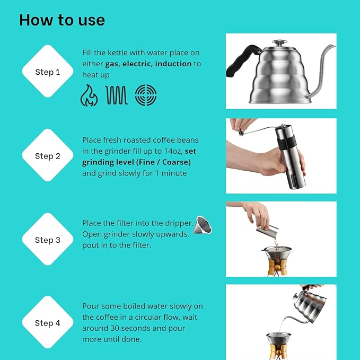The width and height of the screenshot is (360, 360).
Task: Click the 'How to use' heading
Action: (x=62, y=20)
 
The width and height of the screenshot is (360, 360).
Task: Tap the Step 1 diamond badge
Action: (x=48, y=72)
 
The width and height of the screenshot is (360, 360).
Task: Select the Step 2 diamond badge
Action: (x=48, y=155)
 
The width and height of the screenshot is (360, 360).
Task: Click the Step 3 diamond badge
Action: (x=48, y=240)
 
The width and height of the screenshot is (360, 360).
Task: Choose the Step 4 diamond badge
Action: (x=48, y=323)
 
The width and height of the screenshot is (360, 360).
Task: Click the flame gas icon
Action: (x=89, y=95)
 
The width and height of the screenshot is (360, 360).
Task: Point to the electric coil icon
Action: (x=117, y=95)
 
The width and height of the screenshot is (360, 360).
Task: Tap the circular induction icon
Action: (x=145, y=95)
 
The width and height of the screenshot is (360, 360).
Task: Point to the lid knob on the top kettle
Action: (x=280, y=42)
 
